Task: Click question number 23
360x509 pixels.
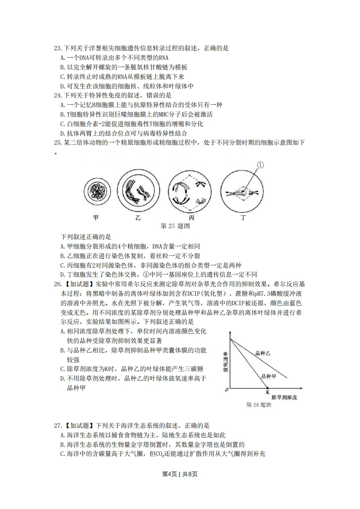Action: pos(57,48)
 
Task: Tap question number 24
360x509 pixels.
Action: pos(57,96)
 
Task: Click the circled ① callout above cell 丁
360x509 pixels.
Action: pos(260,165)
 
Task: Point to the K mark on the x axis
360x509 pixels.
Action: pos(267,392)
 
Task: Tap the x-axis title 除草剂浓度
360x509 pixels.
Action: pos(284,397)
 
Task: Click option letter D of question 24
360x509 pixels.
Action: pos(62,134)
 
